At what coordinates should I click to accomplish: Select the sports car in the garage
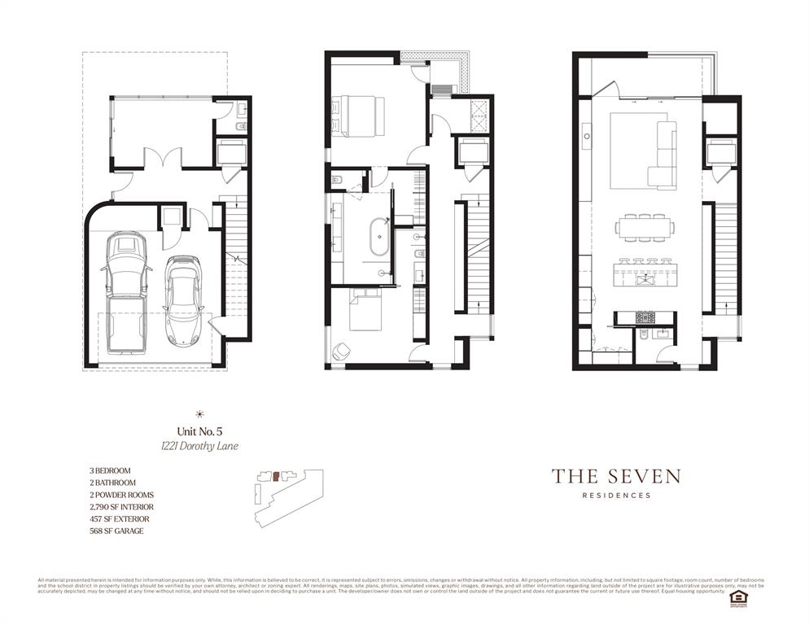pyautogui.click(x=181, y=299)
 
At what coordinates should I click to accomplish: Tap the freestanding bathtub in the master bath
pyautogui.click(x=379, y=238)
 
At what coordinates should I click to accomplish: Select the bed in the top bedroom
pyautogui.click(x=358, y=114)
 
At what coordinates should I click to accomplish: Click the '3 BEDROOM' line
pyautogui.click(x=110, y=470)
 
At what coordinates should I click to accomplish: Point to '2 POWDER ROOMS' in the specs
pyautogui.click(x=121, y=495)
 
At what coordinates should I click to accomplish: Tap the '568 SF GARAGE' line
pyautogui.click(x=116, y=531)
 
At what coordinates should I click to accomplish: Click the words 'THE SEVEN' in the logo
pyautogui.click(x=616, y=476)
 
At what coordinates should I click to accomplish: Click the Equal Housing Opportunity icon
pyautogui.click(x=739, y=596)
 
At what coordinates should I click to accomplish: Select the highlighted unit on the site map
pyautogui.click(x=276, y=475)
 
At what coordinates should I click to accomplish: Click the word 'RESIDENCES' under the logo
pyautogui.click(x=616, y=496)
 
